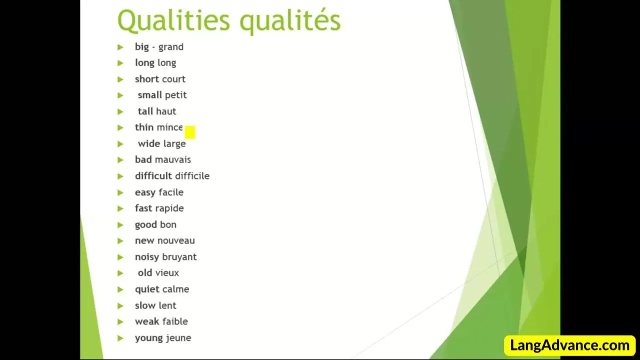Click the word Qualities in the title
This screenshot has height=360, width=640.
click(x=173, y=21)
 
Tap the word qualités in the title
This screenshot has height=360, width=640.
click(x=290, y=21)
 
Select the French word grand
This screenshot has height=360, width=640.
click(x=171, y=47)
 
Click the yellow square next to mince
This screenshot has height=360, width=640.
click(x=190, y=132)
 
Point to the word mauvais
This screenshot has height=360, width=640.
click(x=173, y=159)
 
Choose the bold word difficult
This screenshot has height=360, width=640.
click(x=153, y=175)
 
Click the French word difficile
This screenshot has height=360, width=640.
click(x=192, y=175)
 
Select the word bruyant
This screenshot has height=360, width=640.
click(x=179, y=257)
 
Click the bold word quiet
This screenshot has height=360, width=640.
click(x=147, y=289)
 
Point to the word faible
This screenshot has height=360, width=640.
click(x=175, y=321)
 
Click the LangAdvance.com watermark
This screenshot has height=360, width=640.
click(x=569, y=345)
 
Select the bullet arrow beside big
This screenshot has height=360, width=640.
click(x=120, y=47)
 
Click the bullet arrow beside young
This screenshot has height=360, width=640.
click(x=120, y=338)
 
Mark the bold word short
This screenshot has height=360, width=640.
click(x=147, y=79)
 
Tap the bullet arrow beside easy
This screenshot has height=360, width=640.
click(x=120, y=193)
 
